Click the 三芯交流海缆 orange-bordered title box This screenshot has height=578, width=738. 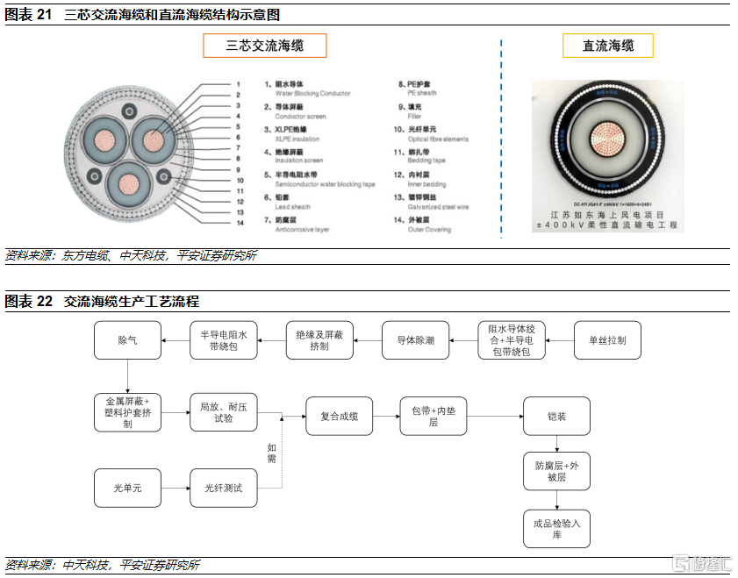pyautogui.click(x=264, y=46)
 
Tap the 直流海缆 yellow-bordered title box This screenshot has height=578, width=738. pyautogui.click(x=608, y=46)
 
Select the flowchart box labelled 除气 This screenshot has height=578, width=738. pyautogui.click(x=127, y=339)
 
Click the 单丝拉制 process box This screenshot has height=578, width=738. pyautogui.click(x=608, y=339)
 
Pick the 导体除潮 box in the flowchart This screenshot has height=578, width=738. pyautogui.click(x=415, y=339)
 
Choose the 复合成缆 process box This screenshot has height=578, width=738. pyautogui.click(x=339, y=416)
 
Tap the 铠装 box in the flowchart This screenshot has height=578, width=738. pyautogui.click(x=556, y=416)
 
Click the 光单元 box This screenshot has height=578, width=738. pyautogui.click(x=127, y=488)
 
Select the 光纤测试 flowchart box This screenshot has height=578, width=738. pyautogui.click(x=224, y=488)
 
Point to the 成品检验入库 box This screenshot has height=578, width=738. pyautogui.click(x=556, y=529)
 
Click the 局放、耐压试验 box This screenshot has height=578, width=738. pyautogui.click(x=224, y=412)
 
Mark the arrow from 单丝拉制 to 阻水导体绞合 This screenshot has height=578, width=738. pyautogui.click(x=560, y=339)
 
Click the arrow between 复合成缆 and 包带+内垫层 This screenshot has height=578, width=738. pyautogui.click(x=385, y=416)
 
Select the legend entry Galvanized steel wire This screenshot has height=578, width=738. pyautogui.click(x=438, y=207)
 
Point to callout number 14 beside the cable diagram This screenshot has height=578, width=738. pyautogui.click(x=239, y=223)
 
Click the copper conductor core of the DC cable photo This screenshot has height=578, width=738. pyautogui.click(x=605, y=141)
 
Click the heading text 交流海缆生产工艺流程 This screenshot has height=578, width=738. pyautogui.click(x=132, y=302)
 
